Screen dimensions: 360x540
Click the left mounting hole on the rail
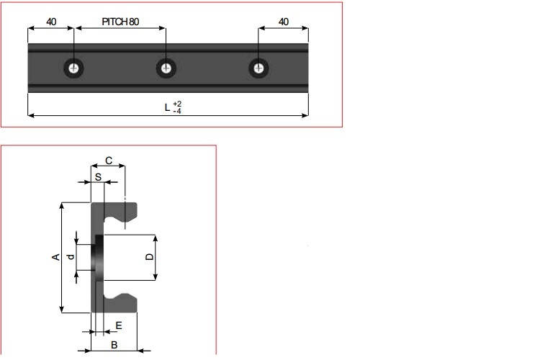[x=73, y=68]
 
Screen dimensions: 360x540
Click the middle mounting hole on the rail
[x=166, y=68]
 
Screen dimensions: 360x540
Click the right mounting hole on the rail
[x=258, y=68]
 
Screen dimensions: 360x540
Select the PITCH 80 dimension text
[x=121, y=22]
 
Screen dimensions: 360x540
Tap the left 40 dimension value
[x=51, y=22]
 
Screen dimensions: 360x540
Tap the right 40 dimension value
[x=283, y=22]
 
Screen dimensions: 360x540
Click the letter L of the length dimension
[x=167, y=108]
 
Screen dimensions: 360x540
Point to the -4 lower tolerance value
[x=177, y=112]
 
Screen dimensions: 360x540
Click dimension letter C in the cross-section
[x=108, y=161]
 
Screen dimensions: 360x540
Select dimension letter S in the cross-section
[x=98, y=176]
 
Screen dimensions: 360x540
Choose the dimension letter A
[x=55, y=258]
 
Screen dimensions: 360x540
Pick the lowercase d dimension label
[x=71, y=257]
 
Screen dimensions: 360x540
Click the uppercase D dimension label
[x=148, y=257]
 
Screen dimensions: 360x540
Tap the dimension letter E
[x=118, y=325]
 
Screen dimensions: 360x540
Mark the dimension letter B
[x=114, y=345]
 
